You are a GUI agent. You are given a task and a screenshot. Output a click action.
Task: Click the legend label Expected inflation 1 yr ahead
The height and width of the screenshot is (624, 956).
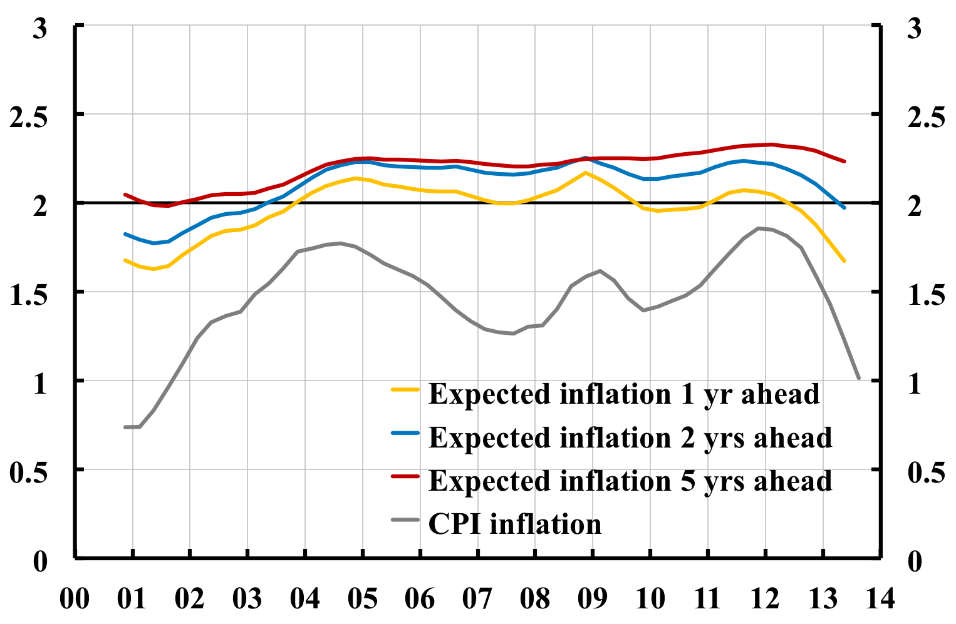(623, 394)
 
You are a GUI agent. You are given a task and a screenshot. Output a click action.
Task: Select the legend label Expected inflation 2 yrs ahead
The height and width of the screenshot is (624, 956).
(630, 437)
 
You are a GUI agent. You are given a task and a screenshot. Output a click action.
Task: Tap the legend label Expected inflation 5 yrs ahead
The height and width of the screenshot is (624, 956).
(630, 481)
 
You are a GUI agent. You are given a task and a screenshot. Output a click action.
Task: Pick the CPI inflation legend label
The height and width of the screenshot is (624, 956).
(514, 524)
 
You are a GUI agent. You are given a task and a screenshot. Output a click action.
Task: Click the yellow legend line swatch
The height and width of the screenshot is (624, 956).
(405, 389)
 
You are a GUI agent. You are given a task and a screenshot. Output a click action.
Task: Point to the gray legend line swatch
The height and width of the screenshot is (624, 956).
(405, 519)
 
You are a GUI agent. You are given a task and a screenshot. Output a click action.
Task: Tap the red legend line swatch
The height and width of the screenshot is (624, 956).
(405, 476)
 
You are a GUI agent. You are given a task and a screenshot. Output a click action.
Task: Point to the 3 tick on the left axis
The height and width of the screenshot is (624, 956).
(40, 28)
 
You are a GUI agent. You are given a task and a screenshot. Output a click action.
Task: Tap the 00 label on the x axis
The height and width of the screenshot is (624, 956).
(75, 599)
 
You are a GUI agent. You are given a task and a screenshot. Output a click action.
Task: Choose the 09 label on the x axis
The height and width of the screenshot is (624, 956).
(592, 599)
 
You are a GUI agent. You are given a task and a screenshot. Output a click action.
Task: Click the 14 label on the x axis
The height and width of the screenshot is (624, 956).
(880, 599)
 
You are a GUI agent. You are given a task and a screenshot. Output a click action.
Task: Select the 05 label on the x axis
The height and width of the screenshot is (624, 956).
(362, 599)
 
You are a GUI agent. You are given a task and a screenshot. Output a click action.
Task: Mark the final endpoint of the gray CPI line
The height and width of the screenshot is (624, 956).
(858, 378)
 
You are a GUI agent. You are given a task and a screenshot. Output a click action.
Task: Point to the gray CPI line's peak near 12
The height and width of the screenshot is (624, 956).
(759, 228)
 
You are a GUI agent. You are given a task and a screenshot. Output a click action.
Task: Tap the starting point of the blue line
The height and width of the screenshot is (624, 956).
(125, 234)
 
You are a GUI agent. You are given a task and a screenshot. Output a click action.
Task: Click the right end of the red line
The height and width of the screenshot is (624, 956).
(844, 161)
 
